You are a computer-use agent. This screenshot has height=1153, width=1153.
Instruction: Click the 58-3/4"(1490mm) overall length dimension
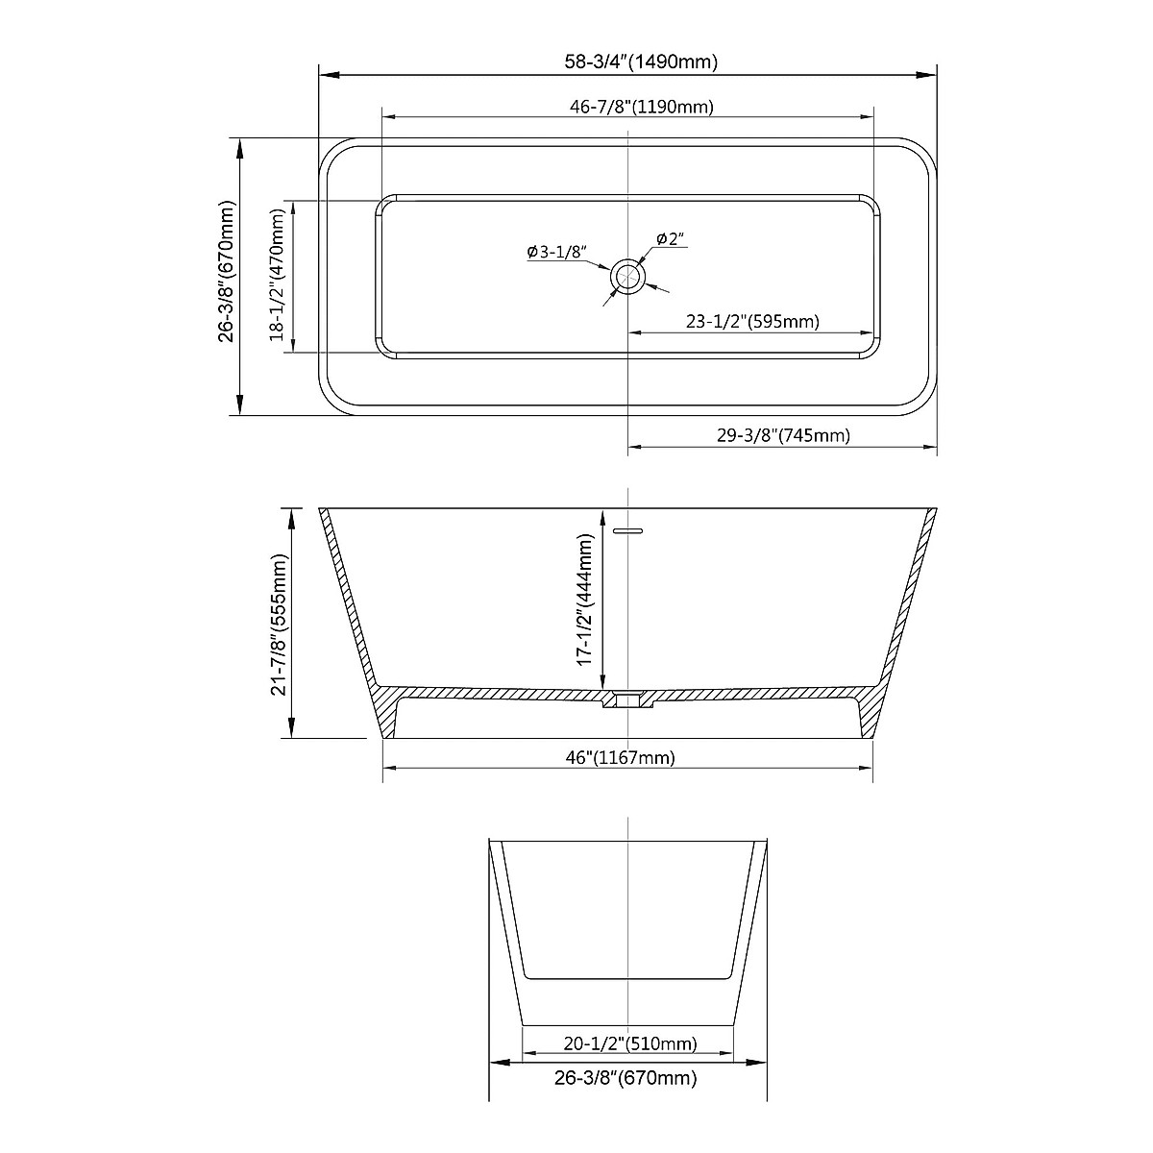(x=641, y=62)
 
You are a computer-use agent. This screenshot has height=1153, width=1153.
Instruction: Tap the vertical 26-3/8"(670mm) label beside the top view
(x=228, y=271)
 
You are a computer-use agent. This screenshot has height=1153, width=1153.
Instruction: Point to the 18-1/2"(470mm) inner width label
(x=278, y=277)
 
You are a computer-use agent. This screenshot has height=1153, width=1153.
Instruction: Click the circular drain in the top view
(x=628, y=276)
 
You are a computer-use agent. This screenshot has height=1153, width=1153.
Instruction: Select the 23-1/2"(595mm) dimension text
(x=752, y=322)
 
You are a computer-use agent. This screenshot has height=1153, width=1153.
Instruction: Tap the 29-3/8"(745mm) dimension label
(x=783, y=435)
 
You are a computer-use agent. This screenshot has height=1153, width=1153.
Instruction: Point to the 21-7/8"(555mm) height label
(x=280, y=625)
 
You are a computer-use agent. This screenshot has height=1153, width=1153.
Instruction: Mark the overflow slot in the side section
(x=627, y=528)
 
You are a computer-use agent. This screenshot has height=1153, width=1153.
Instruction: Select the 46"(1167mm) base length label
(x=621, y=758)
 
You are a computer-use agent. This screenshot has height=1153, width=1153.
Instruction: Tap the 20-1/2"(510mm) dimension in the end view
(x=628, y=1017)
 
